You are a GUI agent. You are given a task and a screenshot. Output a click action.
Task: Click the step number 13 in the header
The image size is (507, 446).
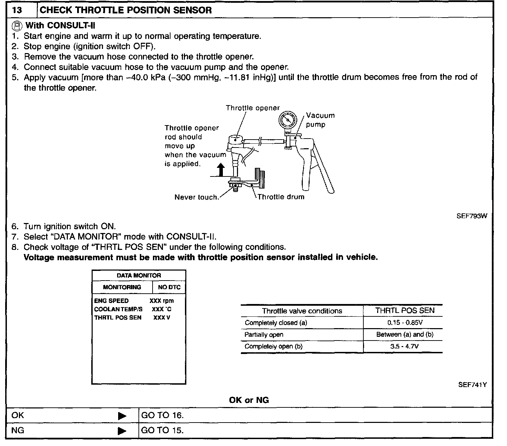coord(17,10)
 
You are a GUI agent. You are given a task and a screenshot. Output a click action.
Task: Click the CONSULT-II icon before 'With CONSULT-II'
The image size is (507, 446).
coord(17,26)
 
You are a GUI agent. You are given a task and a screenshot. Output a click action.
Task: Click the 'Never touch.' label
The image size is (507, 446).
coord(197,197)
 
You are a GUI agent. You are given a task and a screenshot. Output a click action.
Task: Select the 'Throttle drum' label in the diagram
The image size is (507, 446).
coord(281,197)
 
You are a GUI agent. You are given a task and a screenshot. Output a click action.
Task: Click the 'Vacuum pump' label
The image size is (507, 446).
coord(320,120)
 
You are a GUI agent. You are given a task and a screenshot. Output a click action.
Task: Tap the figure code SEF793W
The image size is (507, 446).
coord(472,216)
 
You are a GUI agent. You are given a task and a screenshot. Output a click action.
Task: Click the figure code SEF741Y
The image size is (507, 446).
coord(472,385)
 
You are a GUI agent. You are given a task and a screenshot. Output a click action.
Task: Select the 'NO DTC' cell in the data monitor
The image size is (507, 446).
coord(169,287)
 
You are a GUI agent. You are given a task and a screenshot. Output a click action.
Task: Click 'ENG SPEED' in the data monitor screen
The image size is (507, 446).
coord(111,301)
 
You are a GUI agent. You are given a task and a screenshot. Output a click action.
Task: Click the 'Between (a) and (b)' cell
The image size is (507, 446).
coord(405,335)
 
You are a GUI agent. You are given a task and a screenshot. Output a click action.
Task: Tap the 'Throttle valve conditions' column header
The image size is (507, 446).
coord(302,311)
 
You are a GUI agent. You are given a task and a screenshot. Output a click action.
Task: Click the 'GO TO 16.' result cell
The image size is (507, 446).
coord(163,415)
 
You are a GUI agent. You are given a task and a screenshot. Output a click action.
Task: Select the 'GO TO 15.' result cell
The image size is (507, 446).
coord(163,430)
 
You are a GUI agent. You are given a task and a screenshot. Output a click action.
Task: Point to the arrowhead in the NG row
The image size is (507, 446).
coord(122,431)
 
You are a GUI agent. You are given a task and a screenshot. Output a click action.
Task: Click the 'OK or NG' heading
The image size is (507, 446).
coord(249,400)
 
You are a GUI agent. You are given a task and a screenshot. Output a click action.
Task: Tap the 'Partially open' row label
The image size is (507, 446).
coord(264,335)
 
